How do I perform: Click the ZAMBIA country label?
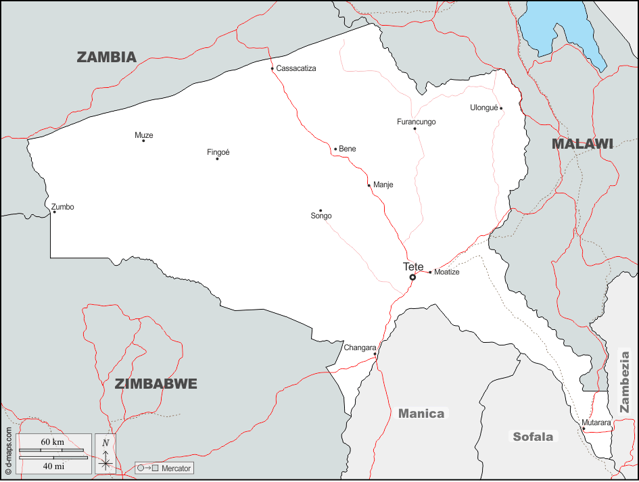pos(107,57)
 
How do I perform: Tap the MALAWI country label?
pos(582,143)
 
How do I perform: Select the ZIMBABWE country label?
pos(156,384)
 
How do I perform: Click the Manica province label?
pos(421,414)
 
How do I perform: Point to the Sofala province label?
pos(533,437)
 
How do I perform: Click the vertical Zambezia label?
pos(625,381)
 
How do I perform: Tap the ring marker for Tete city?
pos(412,277)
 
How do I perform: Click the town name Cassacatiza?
pos(296,68)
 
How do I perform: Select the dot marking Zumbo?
pos(55,212)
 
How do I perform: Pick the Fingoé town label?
pos(218,152)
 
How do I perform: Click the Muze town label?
pos(144,135)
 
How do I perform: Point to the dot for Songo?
pos(321,210)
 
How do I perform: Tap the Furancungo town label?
pos(416,122)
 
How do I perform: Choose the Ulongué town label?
pos(484,107)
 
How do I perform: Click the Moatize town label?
pos(447,272)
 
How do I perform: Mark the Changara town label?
pos(360,347)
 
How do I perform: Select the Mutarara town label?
pos(596,423)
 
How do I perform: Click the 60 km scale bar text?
pos(52,442)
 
